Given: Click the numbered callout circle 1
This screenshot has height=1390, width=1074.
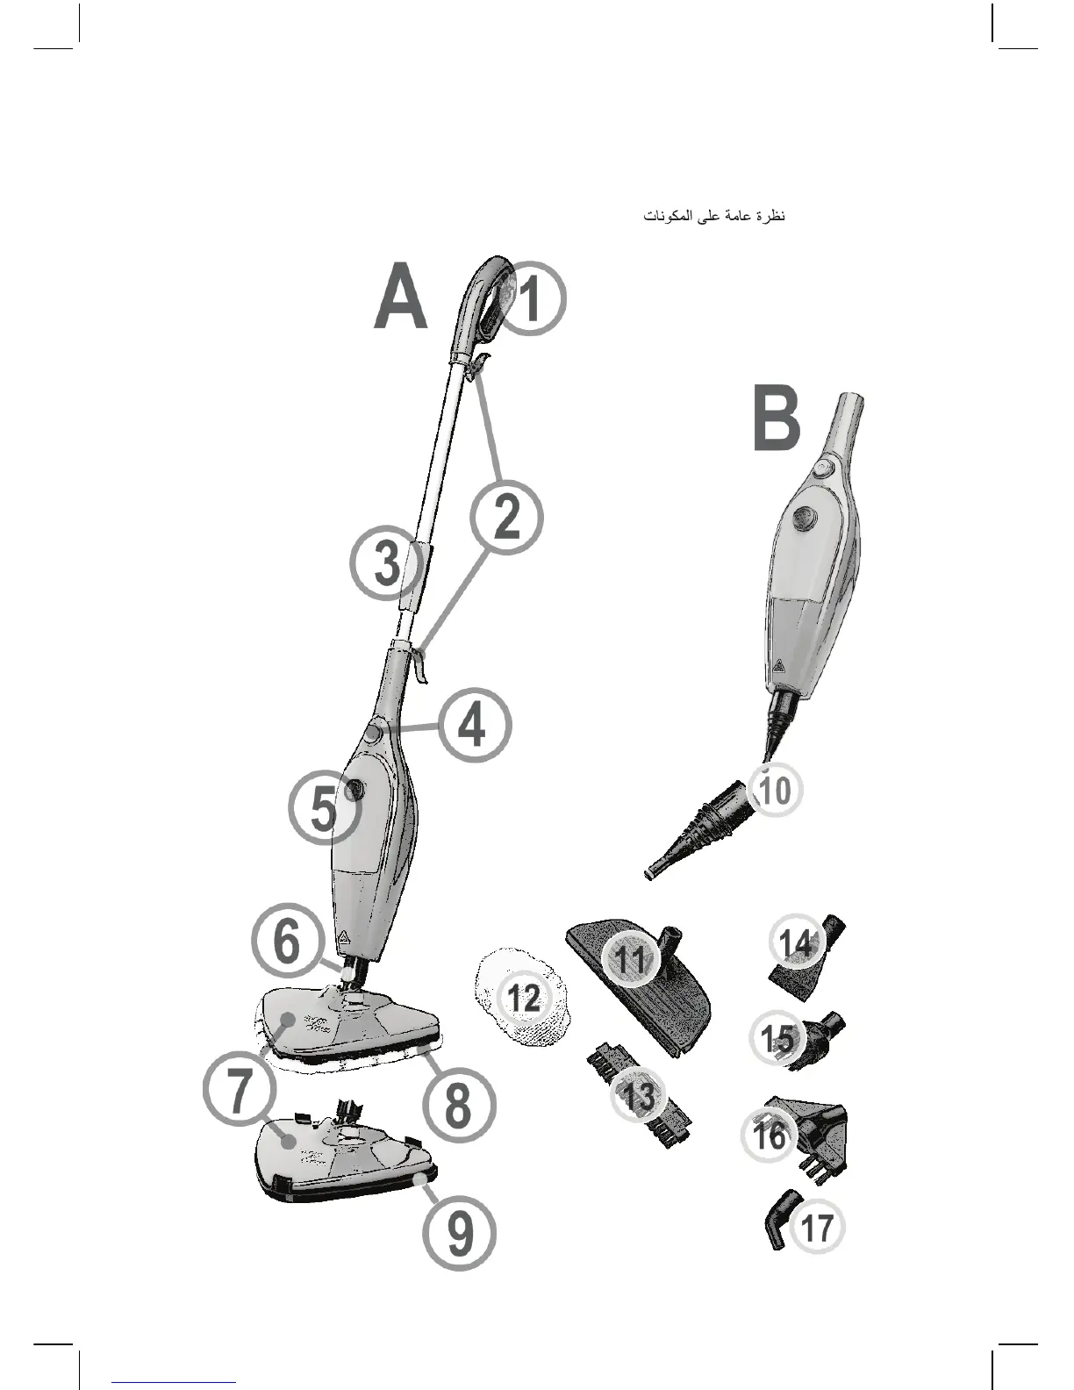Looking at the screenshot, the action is (531, 298).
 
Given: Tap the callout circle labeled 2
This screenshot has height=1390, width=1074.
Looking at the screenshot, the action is (506, 517).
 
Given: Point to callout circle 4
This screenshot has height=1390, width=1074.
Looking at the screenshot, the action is (474, 726).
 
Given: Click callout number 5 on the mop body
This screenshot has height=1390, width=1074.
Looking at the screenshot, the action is (324, 809).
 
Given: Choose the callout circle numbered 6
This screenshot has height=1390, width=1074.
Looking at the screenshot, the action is (288, 942).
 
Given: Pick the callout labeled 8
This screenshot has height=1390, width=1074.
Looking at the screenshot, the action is (459, 1105).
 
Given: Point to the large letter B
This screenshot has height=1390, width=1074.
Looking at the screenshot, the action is (777, 421).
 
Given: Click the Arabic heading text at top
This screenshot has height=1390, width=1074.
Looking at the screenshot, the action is (714, 216).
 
